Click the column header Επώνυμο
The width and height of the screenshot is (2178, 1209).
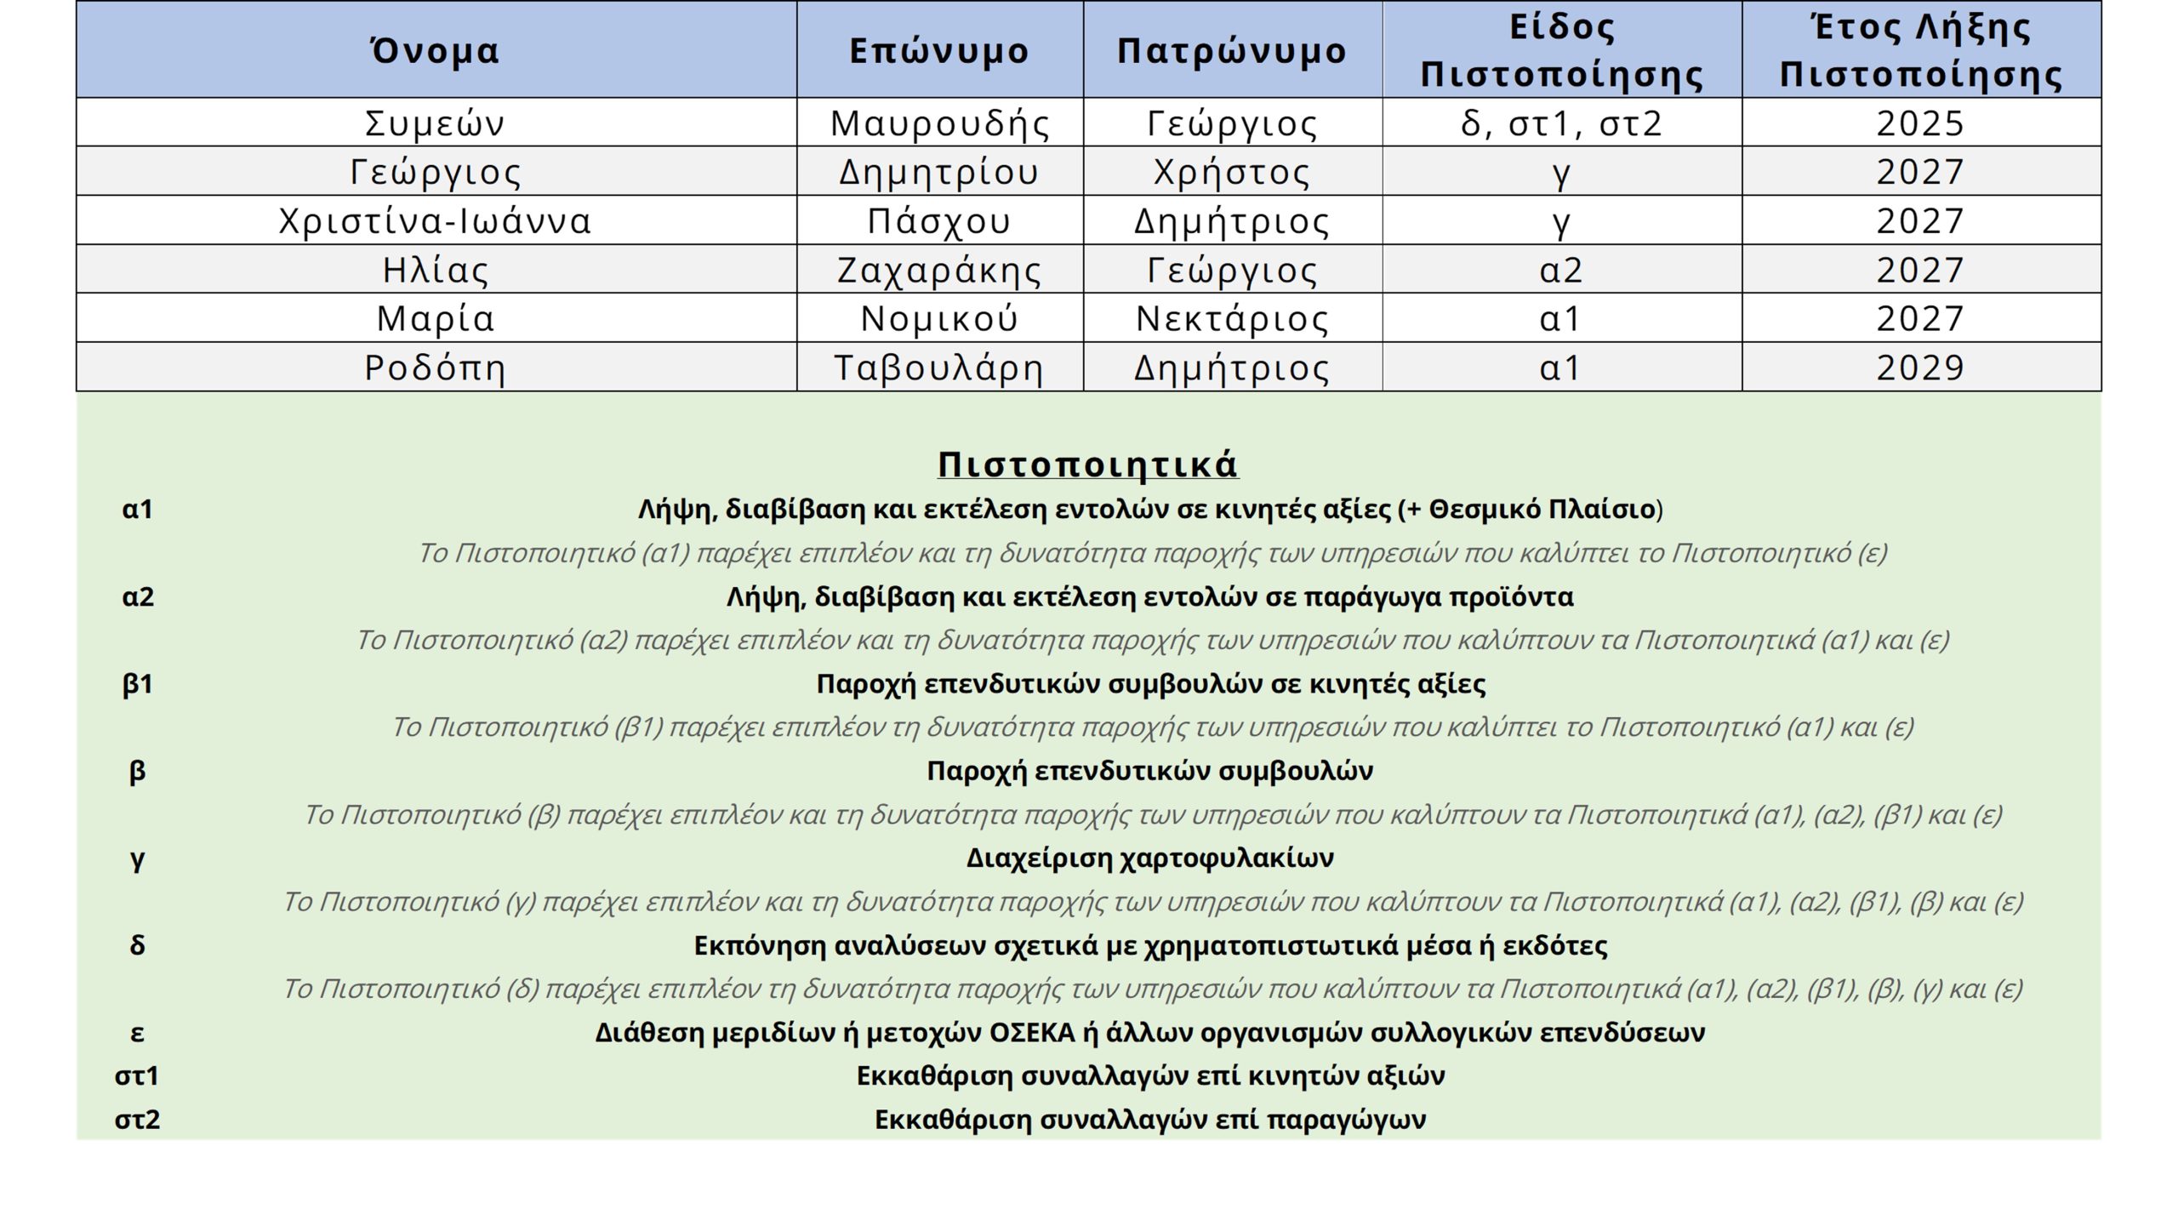(939, 51)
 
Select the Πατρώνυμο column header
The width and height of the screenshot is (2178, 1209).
(1232, 51)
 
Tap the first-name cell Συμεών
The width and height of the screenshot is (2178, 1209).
(435, 123)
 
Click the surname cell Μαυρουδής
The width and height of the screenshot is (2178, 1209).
(939, 123)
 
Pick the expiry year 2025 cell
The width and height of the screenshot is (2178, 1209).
(1920, 123)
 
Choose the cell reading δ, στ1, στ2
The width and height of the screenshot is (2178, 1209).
(1561, 123)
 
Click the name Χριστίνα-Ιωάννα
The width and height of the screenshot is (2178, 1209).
(435, 221)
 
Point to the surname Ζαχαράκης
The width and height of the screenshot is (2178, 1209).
(939, 271)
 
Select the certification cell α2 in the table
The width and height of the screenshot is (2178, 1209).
(1561, 271)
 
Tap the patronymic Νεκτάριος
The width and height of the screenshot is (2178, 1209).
(1232, 319)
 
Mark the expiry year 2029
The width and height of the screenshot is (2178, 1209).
(1920, 368)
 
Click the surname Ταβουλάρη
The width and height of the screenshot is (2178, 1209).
(939, 368)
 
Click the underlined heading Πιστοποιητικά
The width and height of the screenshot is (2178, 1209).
(1087, 465)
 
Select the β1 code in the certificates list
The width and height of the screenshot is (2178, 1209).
(137, 684)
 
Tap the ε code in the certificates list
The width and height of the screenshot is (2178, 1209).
(137, 1033)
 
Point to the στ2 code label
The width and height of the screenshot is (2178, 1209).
(137, 1120)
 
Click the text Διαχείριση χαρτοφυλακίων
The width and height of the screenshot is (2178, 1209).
(1149, 858)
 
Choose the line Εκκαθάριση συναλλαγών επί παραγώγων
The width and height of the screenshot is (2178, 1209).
(1149, 1120)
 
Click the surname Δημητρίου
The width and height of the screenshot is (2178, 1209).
(939, 172)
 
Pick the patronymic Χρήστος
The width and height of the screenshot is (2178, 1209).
(1232, 172)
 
